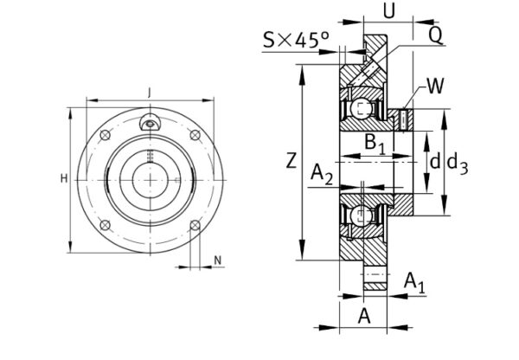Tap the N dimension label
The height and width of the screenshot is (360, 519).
point(217,260)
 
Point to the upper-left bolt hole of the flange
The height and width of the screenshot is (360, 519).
point(106,135)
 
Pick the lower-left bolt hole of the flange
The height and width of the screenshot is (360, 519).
point(106,223)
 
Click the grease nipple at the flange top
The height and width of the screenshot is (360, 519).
point(151,125)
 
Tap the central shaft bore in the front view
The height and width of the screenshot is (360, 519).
point(151,179)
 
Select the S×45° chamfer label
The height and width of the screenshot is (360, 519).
point(298,40)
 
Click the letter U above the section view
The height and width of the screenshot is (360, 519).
point(388,11)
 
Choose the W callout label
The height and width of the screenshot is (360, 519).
point(435,86)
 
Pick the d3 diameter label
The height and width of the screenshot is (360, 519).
point(458,162)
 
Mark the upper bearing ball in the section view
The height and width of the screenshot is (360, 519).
point(361,109)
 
